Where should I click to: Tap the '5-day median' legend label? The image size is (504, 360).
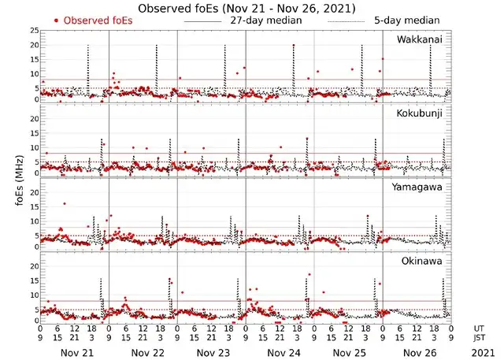407,20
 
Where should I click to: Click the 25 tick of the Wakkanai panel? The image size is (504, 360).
34,30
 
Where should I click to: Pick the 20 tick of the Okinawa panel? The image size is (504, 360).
34,266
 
